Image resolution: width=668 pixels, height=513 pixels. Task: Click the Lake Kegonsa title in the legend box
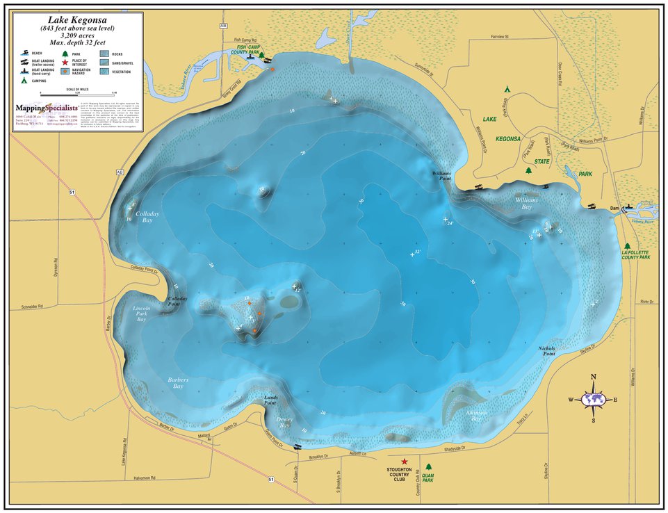coord(78,21)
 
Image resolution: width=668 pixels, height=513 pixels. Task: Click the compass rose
coord(593,399)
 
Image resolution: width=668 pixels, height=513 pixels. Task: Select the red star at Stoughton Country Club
coord(404,462)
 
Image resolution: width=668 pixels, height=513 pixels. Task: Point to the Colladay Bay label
coord(147,217)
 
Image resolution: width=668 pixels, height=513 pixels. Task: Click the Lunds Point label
coord(271,400)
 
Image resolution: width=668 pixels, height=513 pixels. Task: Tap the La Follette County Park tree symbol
coord(627,246)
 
